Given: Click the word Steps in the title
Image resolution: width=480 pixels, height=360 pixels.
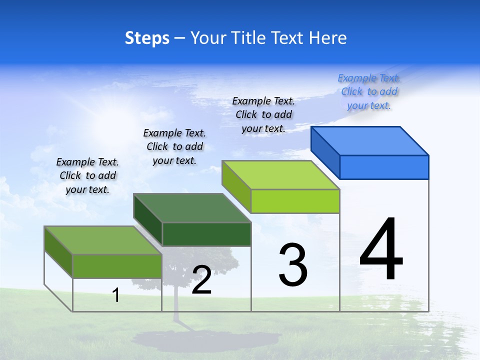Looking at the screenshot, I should [147, 38].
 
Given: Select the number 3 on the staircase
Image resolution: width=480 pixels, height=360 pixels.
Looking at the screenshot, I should [293, 265].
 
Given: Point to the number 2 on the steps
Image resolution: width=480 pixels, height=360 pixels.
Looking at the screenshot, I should [201, 280].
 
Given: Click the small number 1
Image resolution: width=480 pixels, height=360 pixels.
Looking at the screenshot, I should [116, 295].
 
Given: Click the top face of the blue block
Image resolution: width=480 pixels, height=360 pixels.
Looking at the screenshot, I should [370, 140].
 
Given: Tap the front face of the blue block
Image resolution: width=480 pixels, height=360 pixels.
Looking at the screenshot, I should [384, 167].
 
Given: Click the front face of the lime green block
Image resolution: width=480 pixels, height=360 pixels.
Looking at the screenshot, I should [295, 201].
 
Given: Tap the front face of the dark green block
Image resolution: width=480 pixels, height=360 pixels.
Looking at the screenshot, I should [206, 234].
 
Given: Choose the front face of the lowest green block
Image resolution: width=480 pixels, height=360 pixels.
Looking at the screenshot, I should [117, 266].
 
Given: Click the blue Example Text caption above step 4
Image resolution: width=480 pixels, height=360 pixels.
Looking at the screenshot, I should [369, 91].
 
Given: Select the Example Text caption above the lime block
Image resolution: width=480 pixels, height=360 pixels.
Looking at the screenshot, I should [263, 114].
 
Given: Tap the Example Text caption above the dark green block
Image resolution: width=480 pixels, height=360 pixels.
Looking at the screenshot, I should [174, 146].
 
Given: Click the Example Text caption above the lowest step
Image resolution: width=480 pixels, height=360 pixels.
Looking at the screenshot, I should [87, 175].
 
